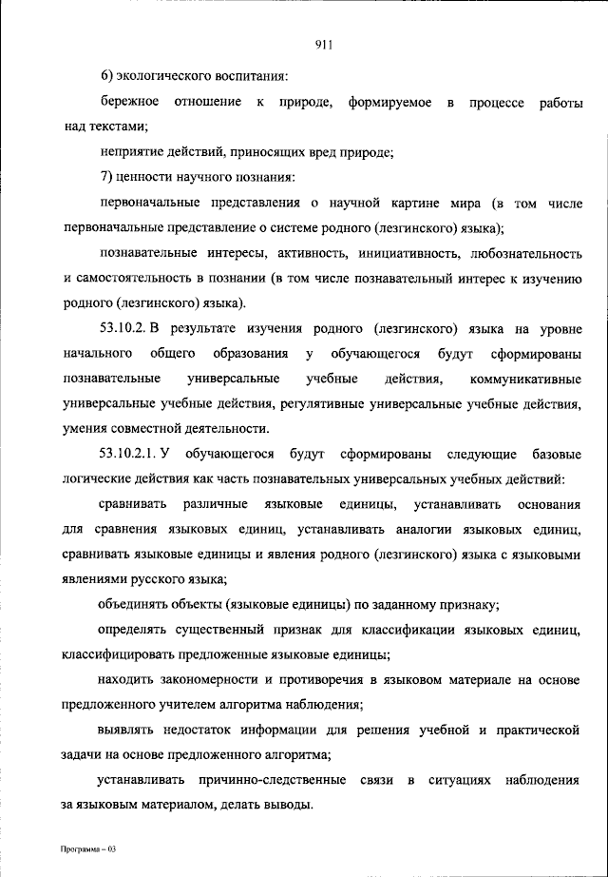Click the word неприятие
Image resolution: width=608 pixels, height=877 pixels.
pyautogui.click(x=129, y=151)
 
